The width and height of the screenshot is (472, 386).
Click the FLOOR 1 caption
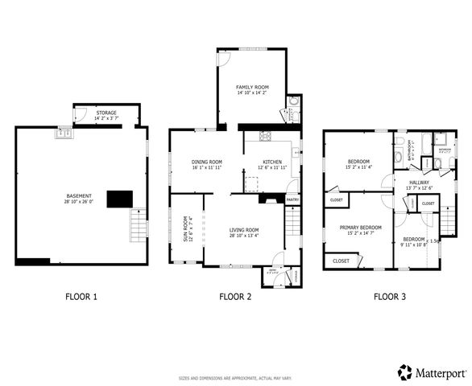pos(81,297)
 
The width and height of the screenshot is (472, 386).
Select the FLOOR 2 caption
pos(235,297)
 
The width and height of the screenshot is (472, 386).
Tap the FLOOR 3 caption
pos(389,297)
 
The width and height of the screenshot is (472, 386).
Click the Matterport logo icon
pos(405,372)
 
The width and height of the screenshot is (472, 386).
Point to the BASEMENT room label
pos(79,195)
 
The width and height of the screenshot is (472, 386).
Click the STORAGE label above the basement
pos(106,113)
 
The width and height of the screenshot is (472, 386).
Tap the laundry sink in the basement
pos(63,133)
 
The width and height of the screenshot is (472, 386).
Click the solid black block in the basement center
pos(119,199)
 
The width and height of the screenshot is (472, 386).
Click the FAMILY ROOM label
pos(252,86)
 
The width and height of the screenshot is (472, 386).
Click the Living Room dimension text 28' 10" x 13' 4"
pos(242,234)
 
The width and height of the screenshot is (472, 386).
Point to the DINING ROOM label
pos(206,162)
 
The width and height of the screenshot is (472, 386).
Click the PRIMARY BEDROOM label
pos(359,228)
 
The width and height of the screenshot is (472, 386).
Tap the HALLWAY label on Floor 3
pos(419,183)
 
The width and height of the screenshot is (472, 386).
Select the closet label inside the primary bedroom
pos(341,261)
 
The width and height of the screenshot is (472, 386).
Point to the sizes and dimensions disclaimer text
pos(235,377)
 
